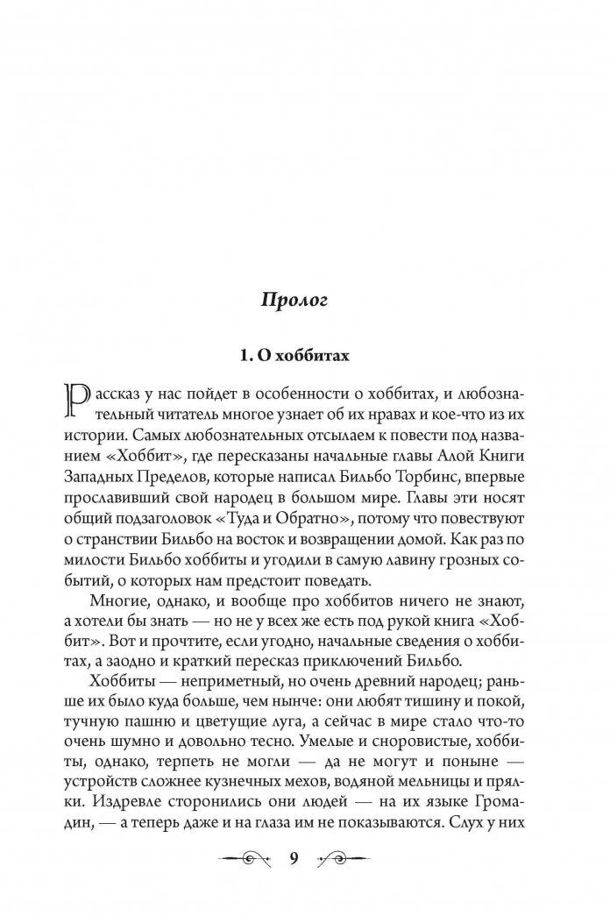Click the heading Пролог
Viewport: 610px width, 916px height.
(294, 301)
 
